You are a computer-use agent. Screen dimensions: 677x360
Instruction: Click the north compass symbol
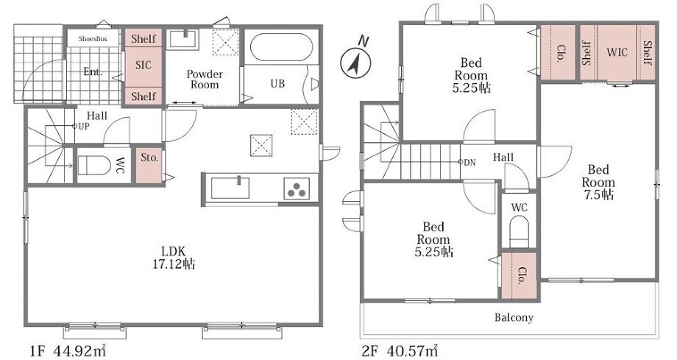(355, 60)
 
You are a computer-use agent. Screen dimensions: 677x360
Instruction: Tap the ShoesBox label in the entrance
(93, 39)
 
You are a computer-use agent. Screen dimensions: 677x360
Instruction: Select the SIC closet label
(143, 66)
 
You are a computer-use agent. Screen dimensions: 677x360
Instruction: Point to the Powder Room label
(205, 79)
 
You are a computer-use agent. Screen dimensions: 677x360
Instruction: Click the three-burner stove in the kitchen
(297, 188)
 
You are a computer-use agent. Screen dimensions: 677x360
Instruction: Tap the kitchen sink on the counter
(230, 187)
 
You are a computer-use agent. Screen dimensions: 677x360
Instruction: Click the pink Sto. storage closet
(149, 166)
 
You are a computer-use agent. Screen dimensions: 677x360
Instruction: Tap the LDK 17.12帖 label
(174, 258)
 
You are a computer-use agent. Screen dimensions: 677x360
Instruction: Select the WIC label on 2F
(617, 53)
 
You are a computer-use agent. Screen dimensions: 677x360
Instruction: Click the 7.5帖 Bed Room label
(598, 182)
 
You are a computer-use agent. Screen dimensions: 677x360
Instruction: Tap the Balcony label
(514, 318)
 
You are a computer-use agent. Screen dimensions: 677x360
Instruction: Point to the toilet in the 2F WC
(519, 230)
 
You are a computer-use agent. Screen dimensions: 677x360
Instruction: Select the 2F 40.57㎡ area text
(400, 350)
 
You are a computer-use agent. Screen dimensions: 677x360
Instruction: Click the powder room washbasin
(184, 39)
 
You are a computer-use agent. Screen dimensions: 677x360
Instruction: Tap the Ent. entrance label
(93, 71)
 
